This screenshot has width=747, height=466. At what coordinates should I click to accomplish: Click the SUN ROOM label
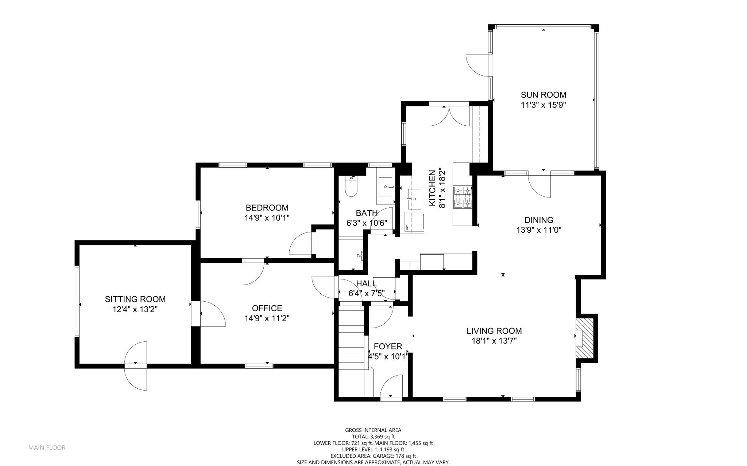543,95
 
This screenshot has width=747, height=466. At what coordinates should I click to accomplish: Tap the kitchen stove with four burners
462,197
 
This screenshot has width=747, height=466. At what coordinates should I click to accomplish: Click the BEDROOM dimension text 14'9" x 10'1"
267,218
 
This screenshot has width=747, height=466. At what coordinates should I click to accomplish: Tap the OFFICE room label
267,308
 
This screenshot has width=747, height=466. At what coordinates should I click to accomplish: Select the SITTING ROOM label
135,299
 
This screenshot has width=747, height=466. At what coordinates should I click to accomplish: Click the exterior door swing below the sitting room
136,366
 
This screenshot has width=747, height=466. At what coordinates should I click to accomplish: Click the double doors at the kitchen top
449,115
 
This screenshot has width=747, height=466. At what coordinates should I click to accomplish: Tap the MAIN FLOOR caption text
47,448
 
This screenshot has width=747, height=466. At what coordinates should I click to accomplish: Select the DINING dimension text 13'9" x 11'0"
539,230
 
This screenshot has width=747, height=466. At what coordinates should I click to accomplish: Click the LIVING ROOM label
494,331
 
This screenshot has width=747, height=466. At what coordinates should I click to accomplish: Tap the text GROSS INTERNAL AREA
373,430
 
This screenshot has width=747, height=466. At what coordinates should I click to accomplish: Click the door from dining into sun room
539,184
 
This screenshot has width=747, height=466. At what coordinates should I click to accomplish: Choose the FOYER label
388,346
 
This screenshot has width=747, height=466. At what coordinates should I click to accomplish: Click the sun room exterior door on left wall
478,65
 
